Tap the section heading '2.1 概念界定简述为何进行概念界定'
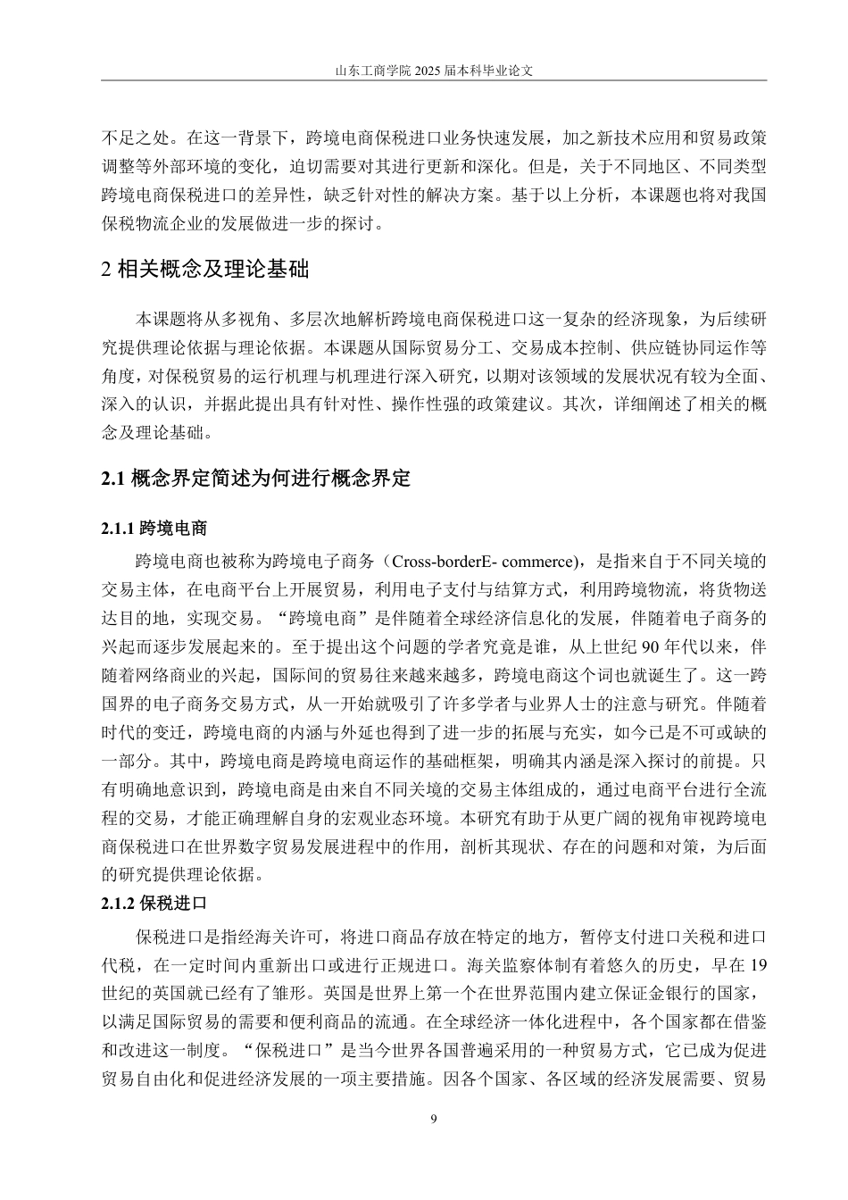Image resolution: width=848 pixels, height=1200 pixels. (256, 479)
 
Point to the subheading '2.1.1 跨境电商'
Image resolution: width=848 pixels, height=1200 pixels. (154, 529)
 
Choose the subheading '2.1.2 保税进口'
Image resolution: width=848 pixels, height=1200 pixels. (154, 902)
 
